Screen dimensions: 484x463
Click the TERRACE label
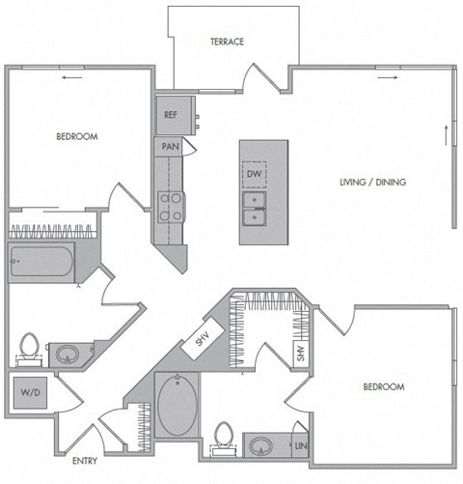point(228,42)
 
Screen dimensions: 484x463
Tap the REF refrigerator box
point(171,114)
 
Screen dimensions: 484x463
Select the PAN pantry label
point(168,147)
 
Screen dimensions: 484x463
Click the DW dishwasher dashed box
point(255,174)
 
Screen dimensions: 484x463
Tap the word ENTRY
point(85,461)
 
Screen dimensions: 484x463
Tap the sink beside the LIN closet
point(263,445)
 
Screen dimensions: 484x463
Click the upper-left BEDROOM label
point(76,136)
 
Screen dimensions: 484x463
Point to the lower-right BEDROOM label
point(383,386)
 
